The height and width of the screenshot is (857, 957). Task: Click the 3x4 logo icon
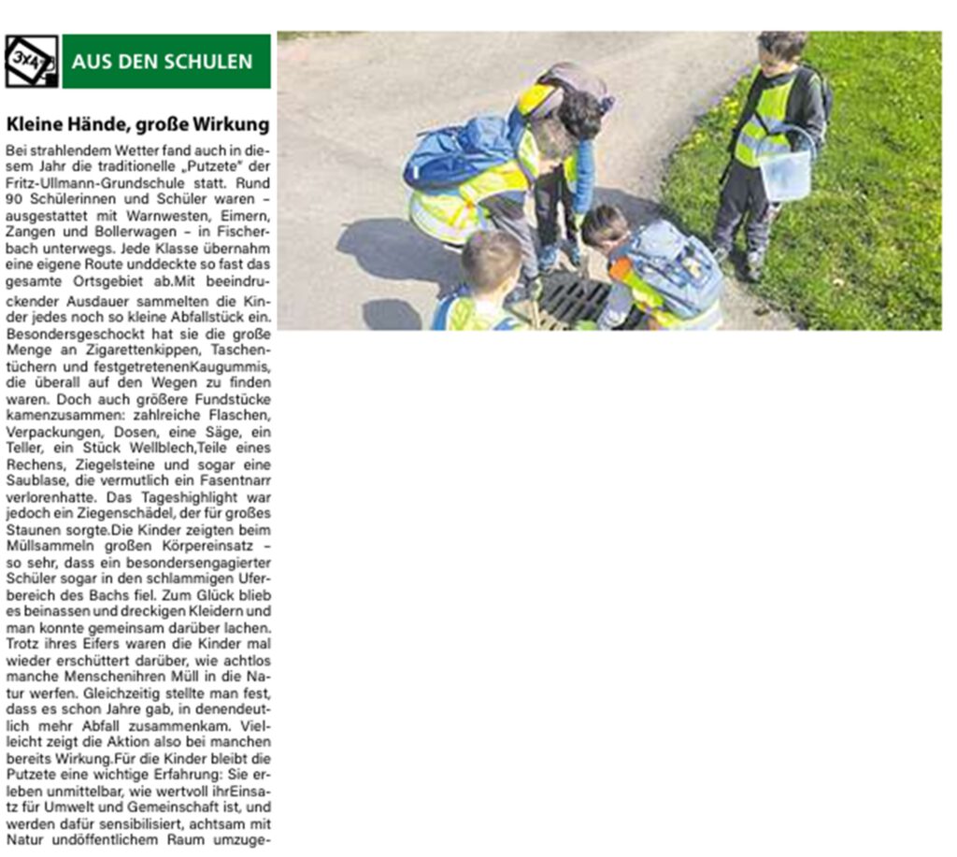(x=31, y=61)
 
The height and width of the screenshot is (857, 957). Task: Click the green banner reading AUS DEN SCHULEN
(x=166, y=62)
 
